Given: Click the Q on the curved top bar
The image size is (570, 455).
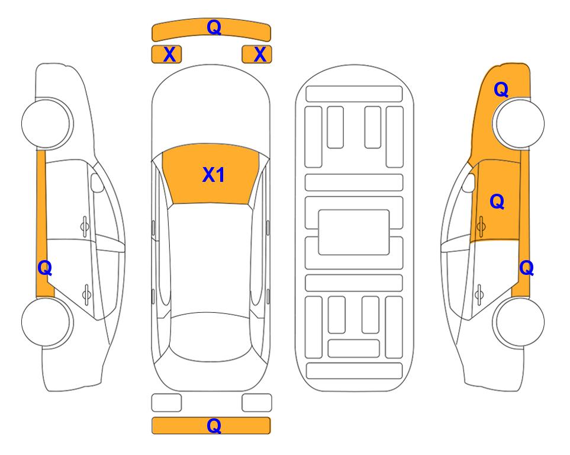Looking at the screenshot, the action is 214,27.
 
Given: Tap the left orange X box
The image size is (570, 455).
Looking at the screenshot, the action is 166,55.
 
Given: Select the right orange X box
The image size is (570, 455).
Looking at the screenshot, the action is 257,55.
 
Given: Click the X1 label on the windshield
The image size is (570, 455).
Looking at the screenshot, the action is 214,175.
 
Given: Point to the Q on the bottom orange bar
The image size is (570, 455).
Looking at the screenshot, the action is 214,425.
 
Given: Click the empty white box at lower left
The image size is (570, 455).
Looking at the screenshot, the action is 166,403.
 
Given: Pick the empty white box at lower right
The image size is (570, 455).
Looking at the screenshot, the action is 257,403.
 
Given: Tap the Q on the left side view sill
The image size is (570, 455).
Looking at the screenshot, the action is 45,268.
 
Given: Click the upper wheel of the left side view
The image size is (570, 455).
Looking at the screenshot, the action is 47,123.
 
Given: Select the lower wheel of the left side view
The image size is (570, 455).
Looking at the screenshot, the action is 47,322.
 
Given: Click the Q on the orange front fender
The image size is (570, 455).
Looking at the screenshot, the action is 501,89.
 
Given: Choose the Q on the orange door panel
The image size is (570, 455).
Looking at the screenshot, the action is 497,201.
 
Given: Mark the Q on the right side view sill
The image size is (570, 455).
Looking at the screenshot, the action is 526,268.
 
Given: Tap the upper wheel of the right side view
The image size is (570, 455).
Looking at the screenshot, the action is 519,123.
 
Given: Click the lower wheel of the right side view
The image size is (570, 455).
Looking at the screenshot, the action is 519,322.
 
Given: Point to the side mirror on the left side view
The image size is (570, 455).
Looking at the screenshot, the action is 96,182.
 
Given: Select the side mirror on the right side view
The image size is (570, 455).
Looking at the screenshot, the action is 469,182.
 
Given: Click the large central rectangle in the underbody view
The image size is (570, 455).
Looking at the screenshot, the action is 354,232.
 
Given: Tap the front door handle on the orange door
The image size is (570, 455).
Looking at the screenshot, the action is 481,226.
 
